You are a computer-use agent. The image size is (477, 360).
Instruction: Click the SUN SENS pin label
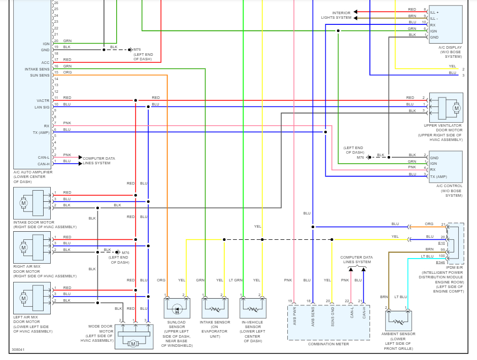point(40,75)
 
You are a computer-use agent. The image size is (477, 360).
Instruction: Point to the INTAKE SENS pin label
point(37,69)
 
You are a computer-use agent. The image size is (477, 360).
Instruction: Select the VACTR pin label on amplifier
point(43,100)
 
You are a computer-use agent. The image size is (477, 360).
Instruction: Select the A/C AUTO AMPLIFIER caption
point(33,172)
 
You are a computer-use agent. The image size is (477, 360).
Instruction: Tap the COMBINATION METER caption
point(328,344)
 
